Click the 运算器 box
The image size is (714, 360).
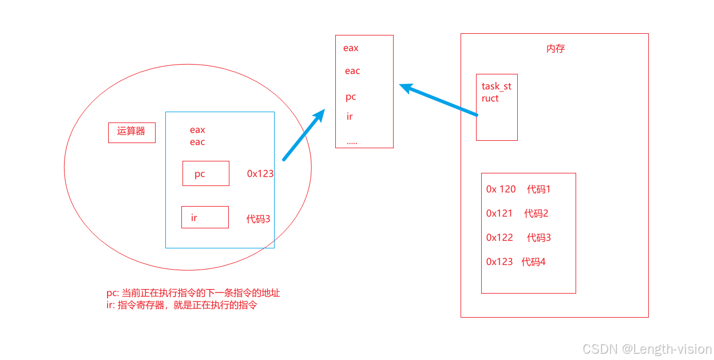coord(132,132)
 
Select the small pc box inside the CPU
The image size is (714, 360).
coord(205,173)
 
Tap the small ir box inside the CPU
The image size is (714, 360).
coord(205,217)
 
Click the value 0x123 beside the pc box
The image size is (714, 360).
coord(260,173)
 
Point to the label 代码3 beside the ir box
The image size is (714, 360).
coord(258,219)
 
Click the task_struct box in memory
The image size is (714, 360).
coord(497,107)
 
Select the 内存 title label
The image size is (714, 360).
coord(556,49)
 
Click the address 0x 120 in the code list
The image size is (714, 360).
coord(501,189)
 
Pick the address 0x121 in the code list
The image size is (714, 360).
coord(499,213)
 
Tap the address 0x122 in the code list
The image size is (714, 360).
coord(499,238)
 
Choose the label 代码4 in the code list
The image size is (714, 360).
coord(533,262)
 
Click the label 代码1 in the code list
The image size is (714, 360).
coord(538,189)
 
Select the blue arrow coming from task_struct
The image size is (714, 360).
coord(438,101)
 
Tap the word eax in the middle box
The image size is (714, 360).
coord(351,48)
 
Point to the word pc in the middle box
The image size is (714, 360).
coord(351,97)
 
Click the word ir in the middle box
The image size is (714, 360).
coord(350,117)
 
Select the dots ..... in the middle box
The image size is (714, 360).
coord(352,141)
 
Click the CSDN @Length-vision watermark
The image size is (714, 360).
coord(646,349)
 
